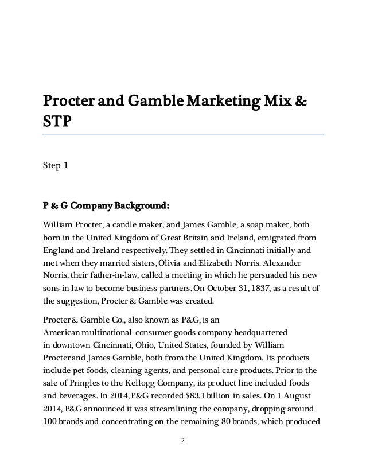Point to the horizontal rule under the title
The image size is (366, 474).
click(183, 134)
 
